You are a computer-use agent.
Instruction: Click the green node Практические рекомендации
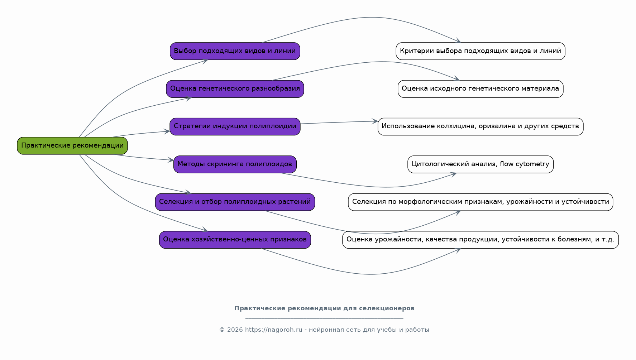(72, 146)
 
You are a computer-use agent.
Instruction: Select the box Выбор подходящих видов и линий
(235, 51)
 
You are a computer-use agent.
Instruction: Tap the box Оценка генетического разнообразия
(235, 89)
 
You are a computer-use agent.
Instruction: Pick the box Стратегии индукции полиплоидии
(235, 126)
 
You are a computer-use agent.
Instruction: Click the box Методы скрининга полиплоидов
(235, 164)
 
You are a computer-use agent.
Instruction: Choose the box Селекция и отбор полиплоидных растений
(235, 202)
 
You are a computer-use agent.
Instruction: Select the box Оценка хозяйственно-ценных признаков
(235, 240)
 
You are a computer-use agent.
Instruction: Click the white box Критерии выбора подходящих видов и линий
(480, 51)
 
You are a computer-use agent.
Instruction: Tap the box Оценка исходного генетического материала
(480, 89)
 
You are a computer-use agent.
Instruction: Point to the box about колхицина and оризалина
(480, 126)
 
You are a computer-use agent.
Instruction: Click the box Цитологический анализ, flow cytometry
(480, 164)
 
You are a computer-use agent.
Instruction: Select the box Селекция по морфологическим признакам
(480, 202)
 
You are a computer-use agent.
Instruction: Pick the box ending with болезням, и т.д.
(480, 240)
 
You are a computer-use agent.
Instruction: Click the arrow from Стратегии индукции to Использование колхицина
(339, 123)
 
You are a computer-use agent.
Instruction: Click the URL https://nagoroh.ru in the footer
(274, 330)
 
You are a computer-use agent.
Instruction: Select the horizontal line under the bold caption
(324, 318)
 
